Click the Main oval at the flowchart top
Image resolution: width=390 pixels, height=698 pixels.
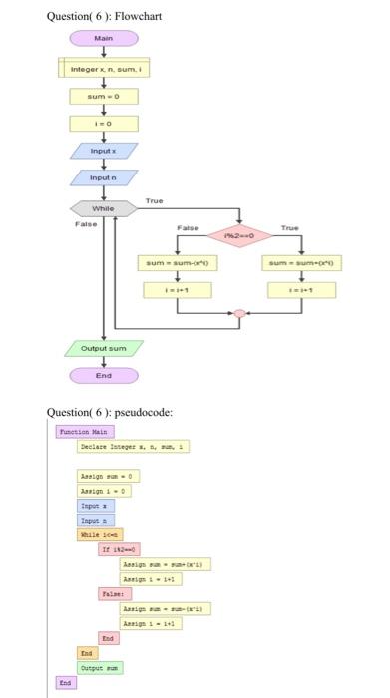[x=104, y=39]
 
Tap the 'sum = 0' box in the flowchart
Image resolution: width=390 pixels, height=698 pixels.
[x=104, y=97]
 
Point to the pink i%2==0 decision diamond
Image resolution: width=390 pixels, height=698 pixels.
[x=238, y=237]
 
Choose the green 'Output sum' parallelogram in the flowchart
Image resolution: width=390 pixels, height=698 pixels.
[x=104, y=350]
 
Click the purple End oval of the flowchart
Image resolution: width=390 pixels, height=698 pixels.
[x=104, y=377]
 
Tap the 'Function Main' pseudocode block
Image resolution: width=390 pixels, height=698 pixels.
[x=85, y=432]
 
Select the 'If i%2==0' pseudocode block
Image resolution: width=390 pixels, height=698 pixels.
[x=119, y=549]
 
